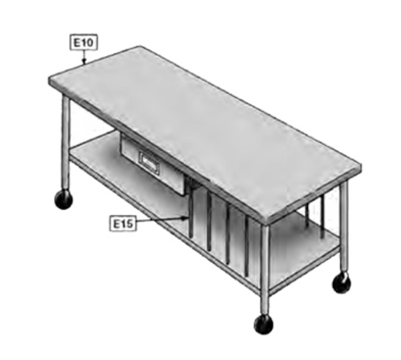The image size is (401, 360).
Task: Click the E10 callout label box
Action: point(83,42)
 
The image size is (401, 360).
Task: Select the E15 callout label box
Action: point(123,224)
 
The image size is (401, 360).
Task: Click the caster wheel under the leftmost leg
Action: point(63,200)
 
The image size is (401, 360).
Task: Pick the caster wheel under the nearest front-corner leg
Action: point(263,325)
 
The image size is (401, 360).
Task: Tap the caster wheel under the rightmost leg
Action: point(342,283)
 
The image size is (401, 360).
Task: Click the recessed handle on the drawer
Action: point(150,162)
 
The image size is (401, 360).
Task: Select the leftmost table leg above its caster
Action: point(66,143)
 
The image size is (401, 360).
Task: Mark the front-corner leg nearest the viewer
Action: point(265,270)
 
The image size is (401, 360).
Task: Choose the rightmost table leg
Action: point(344,227)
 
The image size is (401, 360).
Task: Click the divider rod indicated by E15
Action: point(191,211)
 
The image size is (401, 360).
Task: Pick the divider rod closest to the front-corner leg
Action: point(246,246)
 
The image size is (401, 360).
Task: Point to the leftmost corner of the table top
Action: point(49,79)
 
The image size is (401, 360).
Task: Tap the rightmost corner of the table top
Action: point(361,166)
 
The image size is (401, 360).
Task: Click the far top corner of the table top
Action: point(139,47)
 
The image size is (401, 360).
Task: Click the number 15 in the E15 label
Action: point(127,224)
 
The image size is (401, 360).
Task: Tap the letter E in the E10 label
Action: point(77,42)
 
